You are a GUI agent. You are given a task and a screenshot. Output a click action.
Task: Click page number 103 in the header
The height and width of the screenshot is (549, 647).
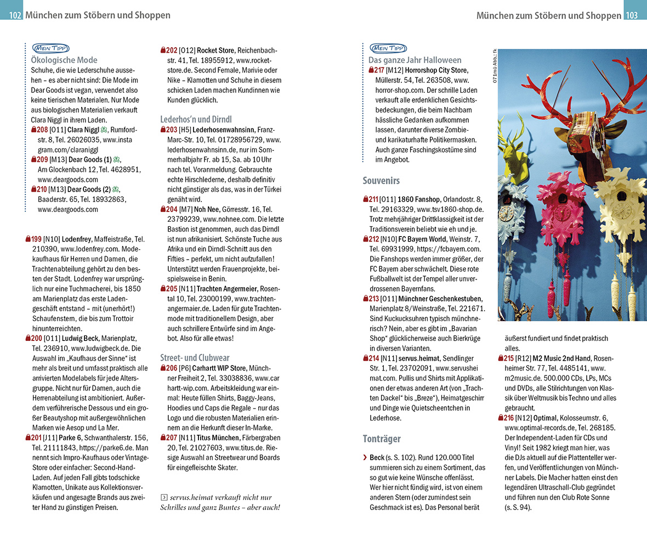631,15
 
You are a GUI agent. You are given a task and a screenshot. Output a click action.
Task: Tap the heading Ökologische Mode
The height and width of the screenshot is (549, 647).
64,60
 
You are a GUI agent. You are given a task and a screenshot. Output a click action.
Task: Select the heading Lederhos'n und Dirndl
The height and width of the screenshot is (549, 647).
196,119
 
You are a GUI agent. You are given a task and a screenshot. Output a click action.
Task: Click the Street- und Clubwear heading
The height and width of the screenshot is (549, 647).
195,357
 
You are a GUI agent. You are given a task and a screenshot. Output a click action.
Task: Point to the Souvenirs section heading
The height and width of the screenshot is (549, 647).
381,180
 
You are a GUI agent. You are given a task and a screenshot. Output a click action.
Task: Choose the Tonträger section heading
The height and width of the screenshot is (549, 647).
382,439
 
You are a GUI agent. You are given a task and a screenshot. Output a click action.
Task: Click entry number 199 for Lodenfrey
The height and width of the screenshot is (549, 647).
36,239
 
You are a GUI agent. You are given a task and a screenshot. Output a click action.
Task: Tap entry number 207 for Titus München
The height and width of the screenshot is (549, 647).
171,438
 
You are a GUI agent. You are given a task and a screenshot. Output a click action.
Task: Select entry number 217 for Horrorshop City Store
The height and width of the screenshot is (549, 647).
379,70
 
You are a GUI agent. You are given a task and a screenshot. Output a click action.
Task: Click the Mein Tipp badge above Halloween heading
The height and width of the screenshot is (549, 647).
388,48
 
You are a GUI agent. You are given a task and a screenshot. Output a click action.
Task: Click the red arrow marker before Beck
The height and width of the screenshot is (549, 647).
365,457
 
